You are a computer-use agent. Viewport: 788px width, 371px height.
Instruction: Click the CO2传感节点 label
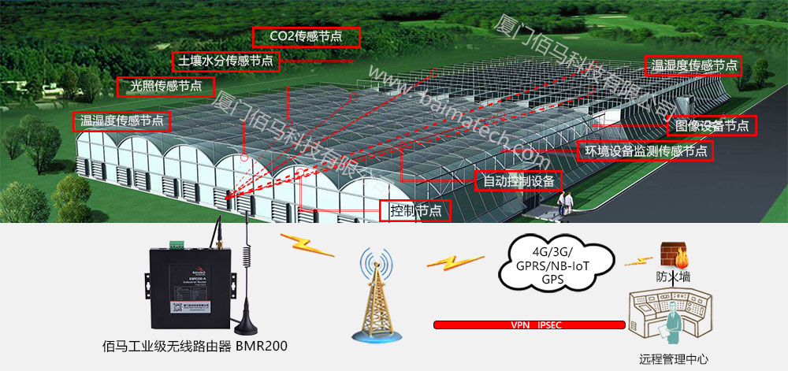click(307, 36)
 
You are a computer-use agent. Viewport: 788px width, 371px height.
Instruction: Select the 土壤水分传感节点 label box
click(225, 61)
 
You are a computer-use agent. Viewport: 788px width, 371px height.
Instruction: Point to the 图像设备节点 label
click(712, 124)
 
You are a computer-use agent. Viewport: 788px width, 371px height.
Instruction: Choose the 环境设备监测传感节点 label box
click(644, 150)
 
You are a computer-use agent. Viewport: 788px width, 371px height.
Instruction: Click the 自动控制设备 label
click(519, 181)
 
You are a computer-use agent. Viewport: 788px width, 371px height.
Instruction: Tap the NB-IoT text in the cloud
click(571, 265)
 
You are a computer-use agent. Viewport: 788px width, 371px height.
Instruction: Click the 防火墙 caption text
click(673, 276)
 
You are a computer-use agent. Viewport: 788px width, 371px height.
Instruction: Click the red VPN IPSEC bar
click(529, 325)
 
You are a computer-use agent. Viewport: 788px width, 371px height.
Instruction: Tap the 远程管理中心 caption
click(674, 360)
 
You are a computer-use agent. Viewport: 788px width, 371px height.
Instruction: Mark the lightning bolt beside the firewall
click(632, 260)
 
